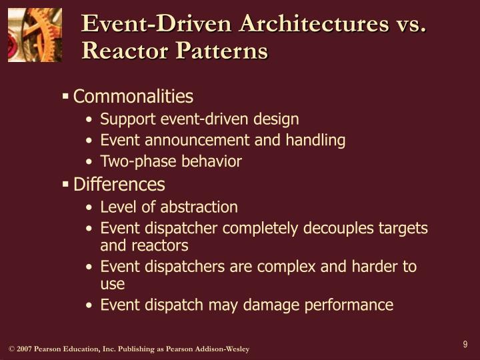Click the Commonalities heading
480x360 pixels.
pyautogui.click(x=133, y=97)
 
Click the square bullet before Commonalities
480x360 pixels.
pyautogui.click(x=65, y=97)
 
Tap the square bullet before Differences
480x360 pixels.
pyautogui.click(x=65, y=184)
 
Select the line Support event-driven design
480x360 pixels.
pyautogui.click(x=199, y=119)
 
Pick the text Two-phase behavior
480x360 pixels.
pyautogui.click(x=171, y=161)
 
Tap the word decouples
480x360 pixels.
pyautogui.click(x=337, y=228)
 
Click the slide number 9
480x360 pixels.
pyautogui.click(x=465, y=345)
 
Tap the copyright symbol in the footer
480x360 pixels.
pyautogui.click(x=11, y=350)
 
